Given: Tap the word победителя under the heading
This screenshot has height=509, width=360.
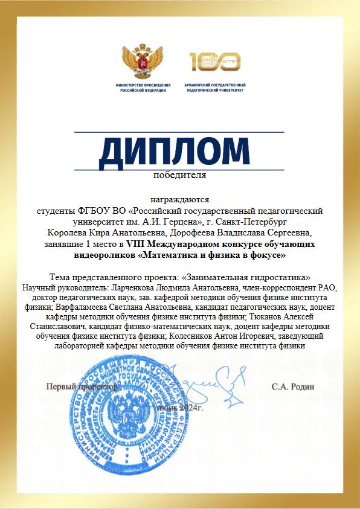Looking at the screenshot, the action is [179, 176].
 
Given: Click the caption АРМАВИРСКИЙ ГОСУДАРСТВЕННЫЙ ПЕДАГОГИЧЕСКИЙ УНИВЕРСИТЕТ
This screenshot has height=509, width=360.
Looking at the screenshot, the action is [216, 89].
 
